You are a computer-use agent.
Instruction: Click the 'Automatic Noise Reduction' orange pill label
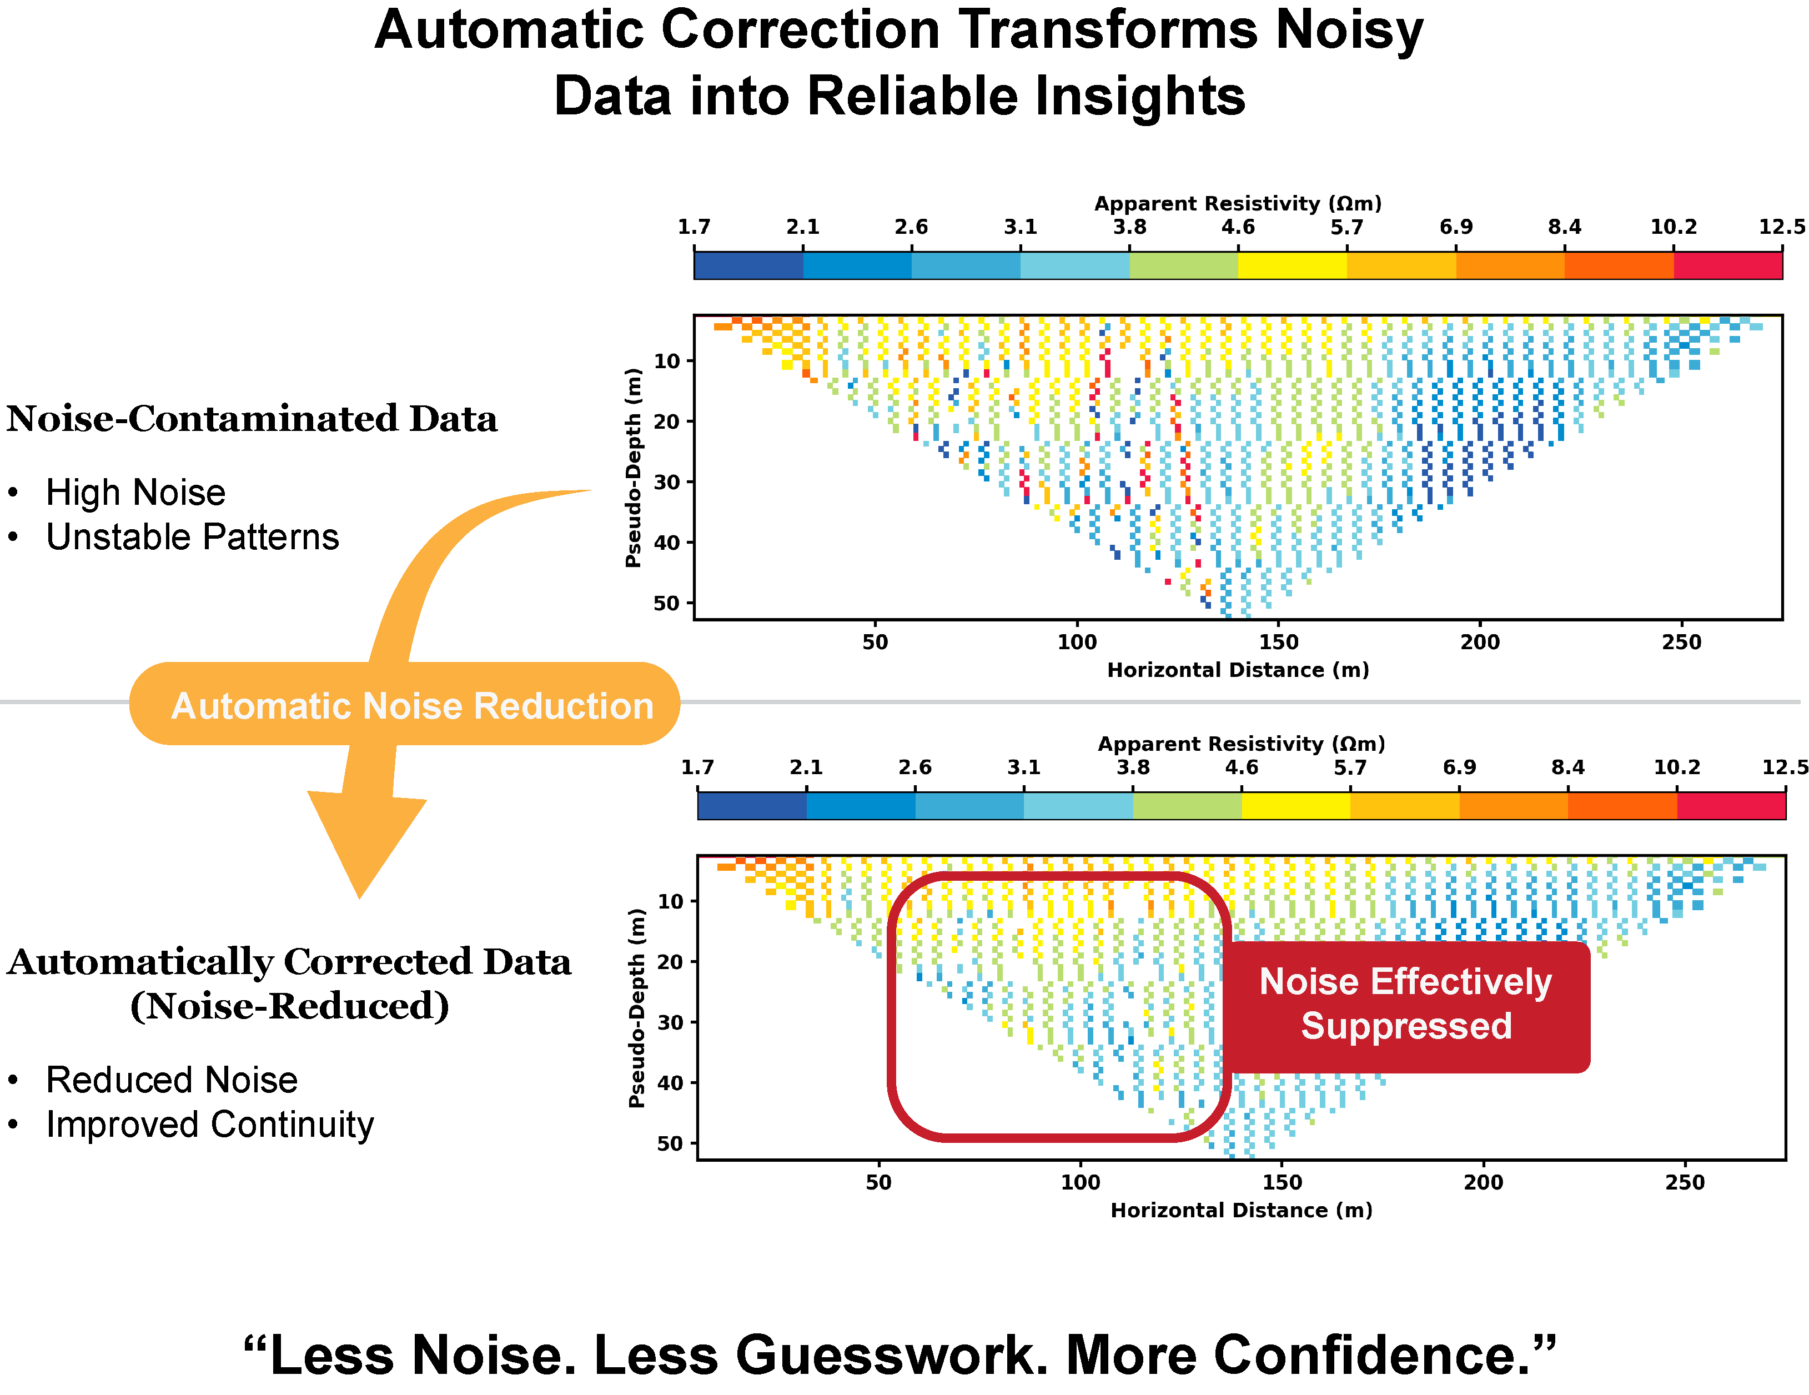pyautogui.click(x=411, y=706)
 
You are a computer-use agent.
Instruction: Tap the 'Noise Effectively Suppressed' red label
pyautogui.click(x=1406, y=1004)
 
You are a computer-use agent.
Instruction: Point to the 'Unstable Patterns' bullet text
pyautogui.click(x=192, y=538)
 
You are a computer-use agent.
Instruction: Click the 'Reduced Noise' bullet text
pyautogui.click(x=172, y=1080)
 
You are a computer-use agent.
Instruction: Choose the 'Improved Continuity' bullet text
pyautogui.click(x=209, y=1125)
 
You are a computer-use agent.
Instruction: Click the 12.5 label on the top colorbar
pyautogui.click(x=1781, y=227)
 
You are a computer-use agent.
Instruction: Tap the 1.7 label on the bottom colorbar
pyautogui.click(x=697, y=767)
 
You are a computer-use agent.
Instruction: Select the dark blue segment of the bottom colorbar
pyautogui.click(x=751, y=806)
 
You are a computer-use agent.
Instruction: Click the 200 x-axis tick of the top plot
pyautogui.click(x=1479, y=642)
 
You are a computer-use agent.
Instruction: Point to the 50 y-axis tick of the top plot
pyautogui.click(x=667, y=603)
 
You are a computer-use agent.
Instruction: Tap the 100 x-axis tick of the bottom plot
pyautogui.click(x=1080, y=1182)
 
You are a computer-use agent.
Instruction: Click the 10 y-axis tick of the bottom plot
pyautogui.click(x=670, y=901)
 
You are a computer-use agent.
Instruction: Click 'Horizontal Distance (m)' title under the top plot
pyautogui.click(x=1238, y=670)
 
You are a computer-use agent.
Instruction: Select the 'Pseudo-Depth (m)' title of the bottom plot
pyautogui.click(x=636, y=1008)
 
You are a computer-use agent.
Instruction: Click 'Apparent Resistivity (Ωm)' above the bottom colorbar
pyautogui.click(x=1241, y=744)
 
